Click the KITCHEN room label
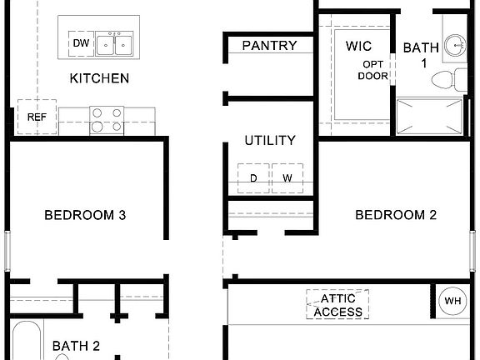tap(99, 78)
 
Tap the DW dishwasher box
tap(81, 42)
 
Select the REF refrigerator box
tap(37, 117)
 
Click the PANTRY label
tap(269, 45)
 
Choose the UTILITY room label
tap(269, 140)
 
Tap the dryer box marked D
tap(253, 177)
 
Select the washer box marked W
tap(287, 177)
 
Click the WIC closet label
tap(358, 46)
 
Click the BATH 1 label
tap(421, 55)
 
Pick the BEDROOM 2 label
tap(396, 215)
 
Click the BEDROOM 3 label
tap(85, 215)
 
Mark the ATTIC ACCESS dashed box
tap(337, 304)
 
